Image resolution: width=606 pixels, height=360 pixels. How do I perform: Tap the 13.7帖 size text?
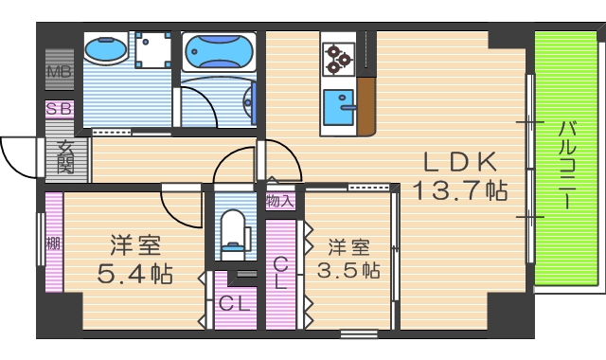pyautogui.click(x=459, y=190)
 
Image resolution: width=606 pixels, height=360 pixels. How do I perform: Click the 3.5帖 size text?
pyautogui.click(x=348, y=270)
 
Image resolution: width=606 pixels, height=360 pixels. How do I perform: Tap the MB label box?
pyautogui.click(x=59, y=71)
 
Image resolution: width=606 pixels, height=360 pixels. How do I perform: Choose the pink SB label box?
pyautogui.click(x=59, y=109)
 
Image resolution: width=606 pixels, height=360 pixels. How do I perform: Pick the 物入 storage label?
pyautogui.click(x=280, y=201)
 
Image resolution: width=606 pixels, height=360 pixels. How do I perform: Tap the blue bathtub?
pyautogui.click(x=219, y=52)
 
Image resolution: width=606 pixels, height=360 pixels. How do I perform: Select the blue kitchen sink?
pyautogui.click(x=339, y=106)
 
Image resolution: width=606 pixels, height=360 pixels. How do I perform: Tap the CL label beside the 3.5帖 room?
pyautogui.click(x=281, y=274)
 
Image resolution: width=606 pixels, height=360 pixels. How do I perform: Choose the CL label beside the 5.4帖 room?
pyautogui.click(x=231, y=304)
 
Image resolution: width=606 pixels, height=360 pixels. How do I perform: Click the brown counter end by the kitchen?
pyautogui.click(x=367, y=104)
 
